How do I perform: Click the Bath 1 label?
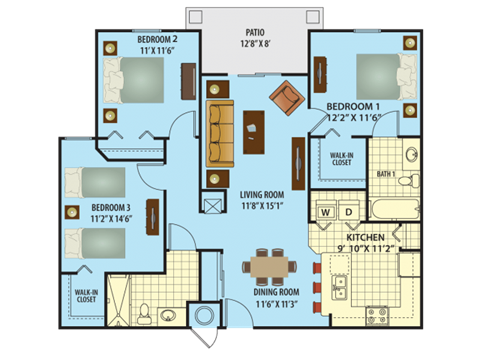[387, 174]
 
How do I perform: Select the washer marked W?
[325, 213]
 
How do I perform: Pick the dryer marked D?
[347, 213]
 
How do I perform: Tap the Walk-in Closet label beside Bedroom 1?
[333, 158]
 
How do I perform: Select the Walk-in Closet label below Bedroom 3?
[85, 296]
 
